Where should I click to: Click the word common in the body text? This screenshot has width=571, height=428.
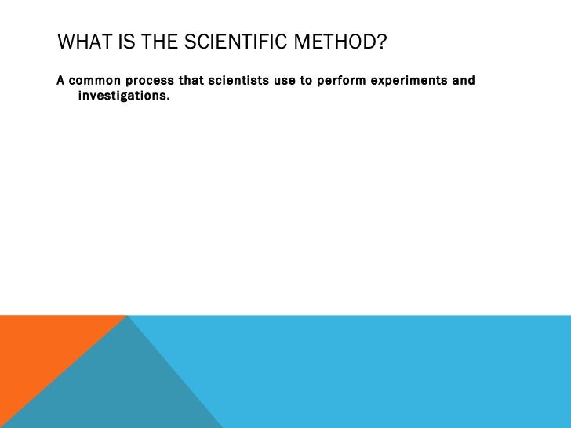pos(93,81)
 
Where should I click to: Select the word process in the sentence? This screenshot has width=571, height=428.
pos(148,81)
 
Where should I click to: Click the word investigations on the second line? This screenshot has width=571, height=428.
pos(122,96)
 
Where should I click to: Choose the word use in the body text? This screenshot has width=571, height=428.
pos(284,81)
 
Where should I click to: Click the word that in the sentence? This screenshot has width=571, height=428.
pos(191,81)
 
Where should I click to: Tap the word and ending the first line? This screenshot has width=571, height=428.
pos(464,81)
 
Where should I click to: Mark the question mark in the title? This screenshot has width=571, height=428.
pos(382,42)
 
